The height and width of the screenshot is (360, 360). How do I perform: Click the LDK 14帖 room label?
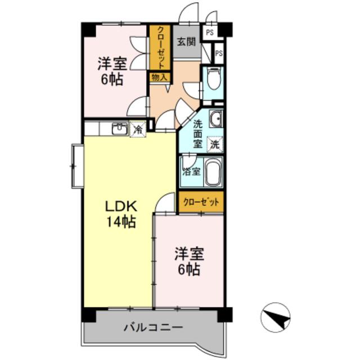pyautogui.click(x=121, y=214)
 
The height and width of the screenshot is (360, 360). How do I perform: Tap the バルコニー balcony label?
pyautogui.click(x=153, y=327)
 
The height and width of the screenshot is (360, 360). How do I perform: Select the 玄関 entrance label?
pyautogui.click(x=186, y=42)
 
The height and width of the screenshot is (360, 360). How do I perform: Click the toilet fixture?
pyautogui.click(x=214, y=79)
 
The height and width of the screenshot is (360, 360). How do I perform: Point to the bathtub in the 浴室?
pyautogui.click(x=213, y=172)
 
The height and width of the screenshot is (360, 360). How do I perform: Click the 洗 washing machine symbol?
pyautogui.click(x=215, y=145)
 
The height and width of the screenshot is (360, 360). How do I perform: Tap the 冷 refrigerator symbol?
pyautogui.click(x=138, y=129)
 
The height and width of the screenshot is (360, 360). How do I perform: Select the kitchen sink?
pyautogui.click(x=120, y=129)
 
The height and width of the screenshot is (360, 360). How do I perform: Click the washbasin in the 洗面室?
pyautogui.click(x=216, y=119)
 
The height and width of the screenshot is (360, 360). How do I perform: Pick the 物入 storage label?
pyautogui.click(x=159, y=78)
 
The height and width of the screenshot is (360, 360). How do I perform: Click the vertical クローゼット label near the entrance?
pyautogui.click(x=160, y=48)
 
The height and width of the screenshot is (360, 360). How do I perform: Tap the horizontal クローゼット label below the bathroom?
pyautogui.click(x=201, y=202)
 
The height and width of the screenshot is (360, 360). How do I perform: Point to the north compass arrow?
pyautogui.click(x=275, y=317)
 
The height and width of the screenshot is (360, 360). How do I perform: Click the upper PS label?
pyautogui.click(x=210, y=33)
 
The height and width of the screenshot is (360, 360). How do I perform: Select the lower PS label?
pyautogui.click(x=219, y=53)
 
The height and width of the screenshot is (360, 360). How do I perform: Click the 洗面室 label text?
pyautogui.click(x=197, y=134)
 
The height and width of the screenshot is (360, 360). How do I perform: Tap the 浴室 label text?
pyautogui.click(x=191, y=171)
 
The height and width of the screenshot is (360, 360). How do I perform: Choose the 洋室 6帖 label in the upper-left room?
pyautogui.click(x=112, y=71)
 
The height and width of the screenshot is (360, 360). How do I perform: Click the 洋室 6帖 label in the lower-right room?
pyautogui.click(x=189, y=262)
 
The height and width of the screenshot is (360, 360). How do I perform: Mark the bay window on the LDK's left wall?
pyautogui.click(x=78, y=166)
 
